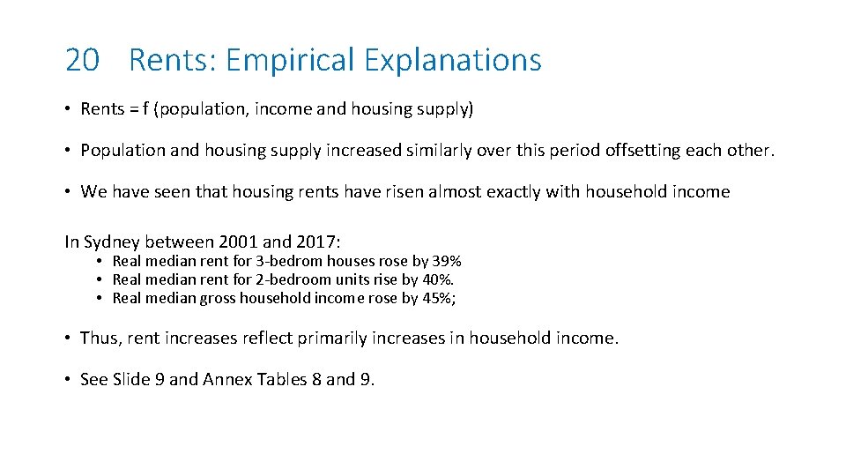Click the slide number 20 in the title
click(x=83, y=60)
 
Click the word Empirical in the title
click(x=290, y=60)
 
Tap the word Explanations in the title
click(x=453, y=60)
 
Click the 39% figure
click(x=447, y=261)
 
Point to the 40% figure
click(x=439, y=279)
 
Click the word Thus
click(x=98, y=338)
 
